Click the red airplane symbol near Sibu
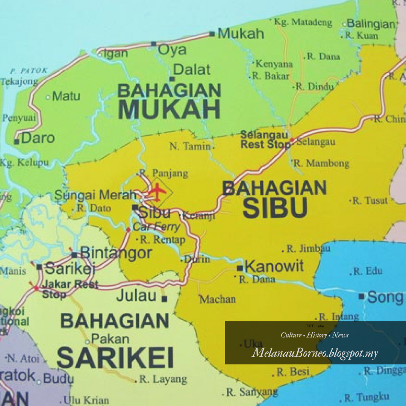point(157,192)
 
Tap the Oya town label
point(172,50)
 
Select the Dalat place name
point(192,70)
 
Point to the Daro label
point(38,138)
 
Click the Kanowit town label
point(274,267)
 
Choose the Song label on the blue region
point(385,297)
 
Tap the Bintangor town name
point(116,253)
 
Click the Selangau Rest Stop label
point(264,139)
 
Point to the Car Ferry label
point(156,227)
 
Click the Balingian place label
point(371,24)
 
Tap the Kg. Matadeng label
point(303,22)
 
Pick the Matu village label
point(66,96)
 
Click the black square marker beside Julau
point(164,299)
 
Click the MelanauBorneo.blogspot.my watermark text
point(315,353)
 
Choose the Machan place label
point(218,299)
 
